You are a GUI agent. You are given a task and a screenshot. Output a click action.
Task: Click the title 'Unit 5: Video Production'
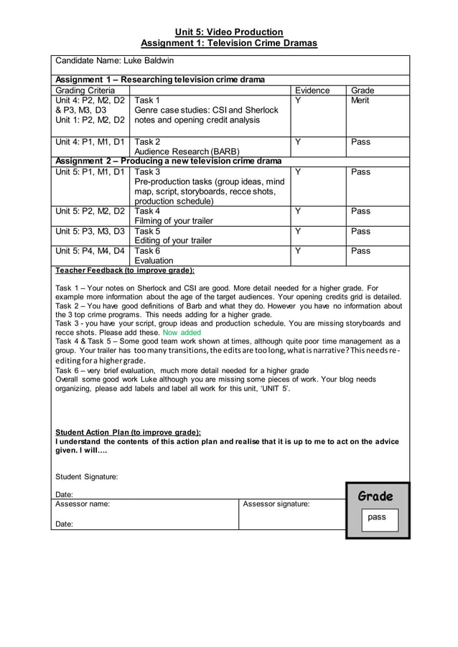229,32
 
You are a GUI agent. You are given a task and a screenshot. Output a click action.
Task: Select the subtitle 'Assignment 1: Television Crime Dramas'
229,44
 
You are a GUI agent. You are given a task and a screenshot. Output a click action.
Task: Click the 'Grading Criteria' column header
85,90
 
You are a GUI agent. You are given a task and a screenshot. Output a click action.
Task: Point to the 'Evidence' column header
312,90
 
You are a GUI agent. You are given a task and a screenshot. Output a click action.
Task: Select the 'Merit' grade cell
360,100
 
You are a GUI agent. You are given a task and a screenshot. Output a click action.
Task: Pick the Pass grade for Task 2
360,142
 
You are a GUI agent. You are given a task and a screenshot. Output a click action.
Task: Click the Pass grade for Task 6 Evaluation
360,251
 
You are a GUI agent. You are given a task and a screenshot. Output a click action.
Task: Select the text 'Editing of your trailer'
173,241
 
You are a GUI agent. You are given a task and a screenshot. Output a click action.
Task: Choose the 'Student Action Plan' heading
128,432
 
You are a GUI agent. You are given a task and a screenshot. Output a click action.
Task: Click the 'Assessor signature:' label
276,504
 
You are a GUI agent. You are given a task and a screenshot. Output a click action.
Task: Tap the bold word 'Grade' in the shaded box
375,496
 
